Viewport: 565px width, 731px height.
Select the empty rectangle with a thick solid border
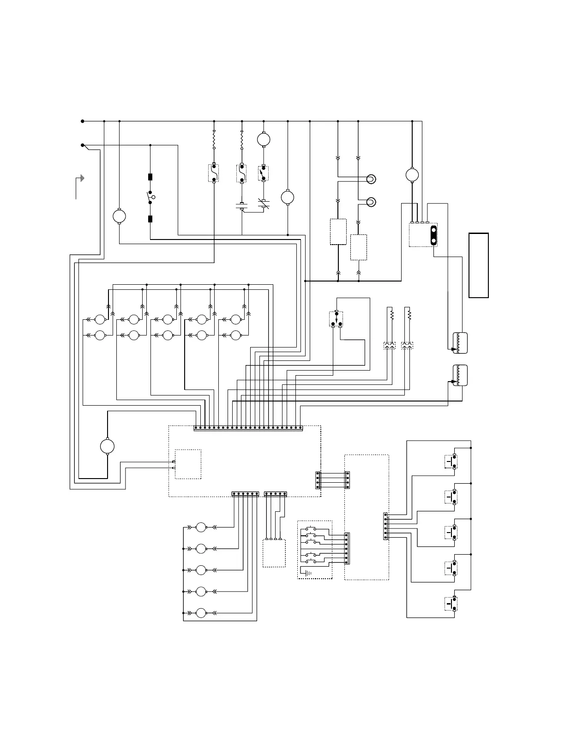[x=479, y=265]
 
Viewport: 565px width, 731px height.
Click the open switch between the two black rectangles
[x=150, y=198]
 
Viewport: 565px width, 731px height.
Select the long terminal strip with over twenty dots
[x=248, y=428]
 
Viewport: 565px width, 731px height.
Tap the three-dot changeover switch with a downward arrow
[x=336, y=319]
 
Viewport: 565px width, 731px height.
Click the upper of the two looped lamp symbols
[x=370, y=179]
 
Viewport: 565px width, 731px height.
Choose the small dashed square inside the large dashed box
[x=188, y=464]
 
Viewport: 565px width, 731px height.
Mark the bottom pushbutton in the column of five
[x=451, y=604]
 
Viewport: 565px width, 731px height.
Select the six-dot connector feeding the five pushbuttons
[x=386, y=527]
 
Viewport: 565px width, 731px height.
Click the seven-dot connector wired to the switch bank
[x=347, y=549]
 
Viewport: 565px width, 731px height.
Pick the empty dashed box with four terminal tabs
[x=274, y=553]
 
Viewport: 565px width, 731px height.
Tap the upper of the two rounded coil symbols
[x=460, y=343]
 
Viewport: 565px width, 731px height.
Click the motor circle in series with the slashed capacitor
[x=264, y=139]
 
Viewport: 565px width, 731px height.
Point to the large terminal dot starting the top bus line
[x=83, y=121]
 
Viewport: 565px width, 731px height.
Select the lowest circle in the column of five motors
[x=201, y=613]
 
